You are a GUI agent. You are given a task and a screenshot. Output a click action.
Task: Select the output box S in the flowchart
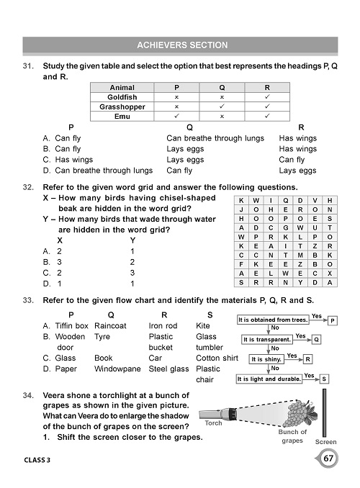(325, 378)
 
